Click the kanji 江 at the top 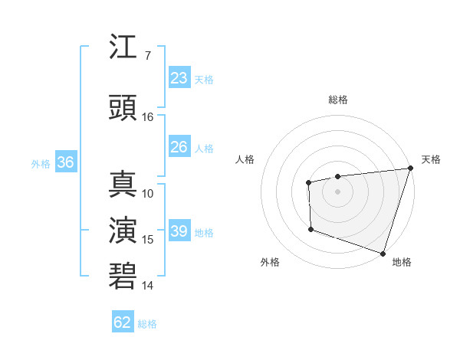(123, 47)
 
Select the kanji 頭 (123, 108)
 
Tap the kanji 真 (123, 185)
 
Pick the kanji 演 (123, 231)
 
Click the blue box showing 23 (179, 78)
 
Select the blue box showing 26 (179, 147)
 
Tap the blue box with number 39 (179, 231)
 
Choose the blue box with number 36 (65, 162)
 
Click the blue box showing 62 (123, 322)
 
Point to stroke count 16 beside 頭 (148, 117)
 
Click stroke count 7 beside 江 (147, 56)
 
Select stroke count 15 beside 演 (148, 240)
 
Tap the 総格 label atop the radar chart (338, 100)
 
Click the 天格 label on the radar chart (431, 159)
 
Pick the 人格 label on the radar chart (245, 159)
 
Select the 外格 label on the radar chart (270, 262)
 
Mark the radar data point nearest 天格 (410, 168)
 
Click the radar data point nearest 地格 (382, 253)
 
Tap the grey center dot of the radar (337, 191)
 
